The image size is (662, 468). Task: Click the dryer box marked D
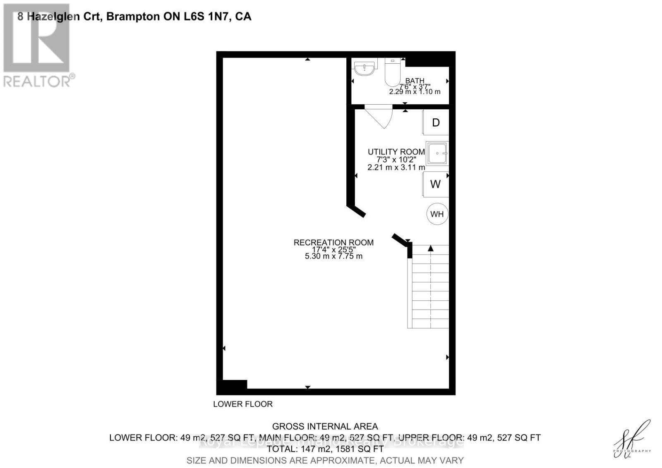click(x=436, y=122)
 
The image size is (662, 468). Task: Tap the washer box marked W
click(x=436, y=184)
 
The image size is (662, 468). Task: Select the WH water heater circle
click(x=437, y=214)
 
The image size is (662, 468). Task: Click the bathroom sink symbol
click(x=364, y=68)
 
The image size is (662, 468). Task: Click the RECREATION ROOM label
click(x=333, y=242)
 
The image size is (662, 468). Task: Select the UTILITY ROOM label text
click(x=396, y=152)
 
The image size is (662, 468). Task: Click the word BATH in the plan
click(x=415, y=81)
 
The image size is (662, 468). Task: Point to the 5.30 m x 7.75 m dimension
click(x=333, y=257)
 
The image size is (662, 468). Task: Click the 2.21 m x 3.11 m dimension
click(x=396, y=168)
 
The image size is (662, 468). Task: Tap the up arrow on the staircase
click(x=431, y=248)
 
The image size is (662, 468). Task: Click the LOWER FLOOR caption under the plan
click(x=243, y=404)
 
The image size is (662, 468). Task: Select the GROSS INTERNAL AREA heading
click(x=325, y=426)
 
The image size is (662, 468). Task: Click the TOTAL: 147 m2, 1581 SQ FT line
click(x=325, y=449)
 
